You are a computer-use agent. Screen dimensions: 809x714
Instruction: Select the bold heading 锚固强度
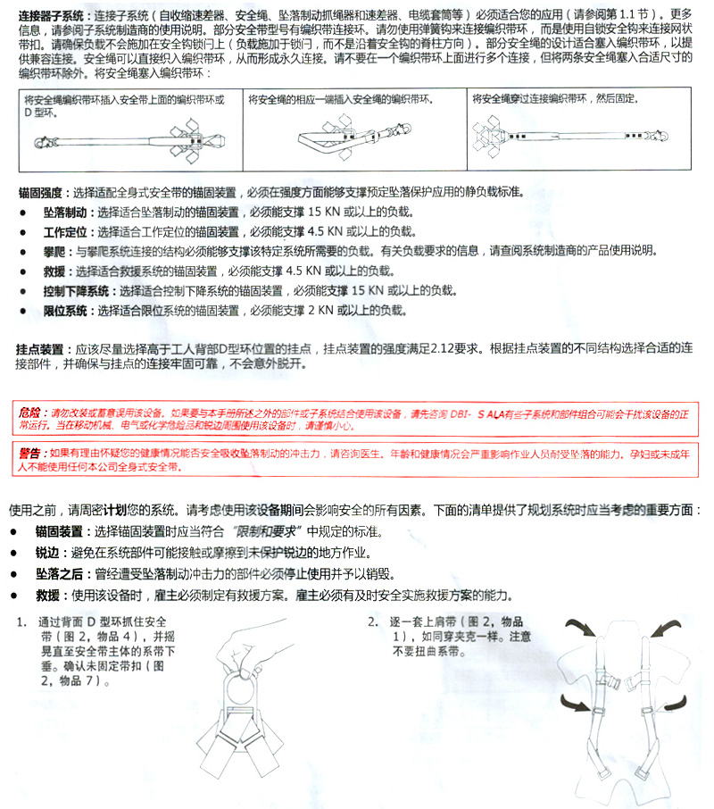coord(39,192)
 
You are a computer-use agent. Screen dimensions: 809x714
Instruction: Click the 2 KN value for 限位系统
coord(320,310)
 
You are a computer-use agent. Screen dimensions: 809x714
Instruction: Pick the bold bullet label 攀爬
coord(55,251)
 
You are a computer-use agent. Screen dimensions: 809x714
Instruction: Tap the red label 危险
coord(30,413)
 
